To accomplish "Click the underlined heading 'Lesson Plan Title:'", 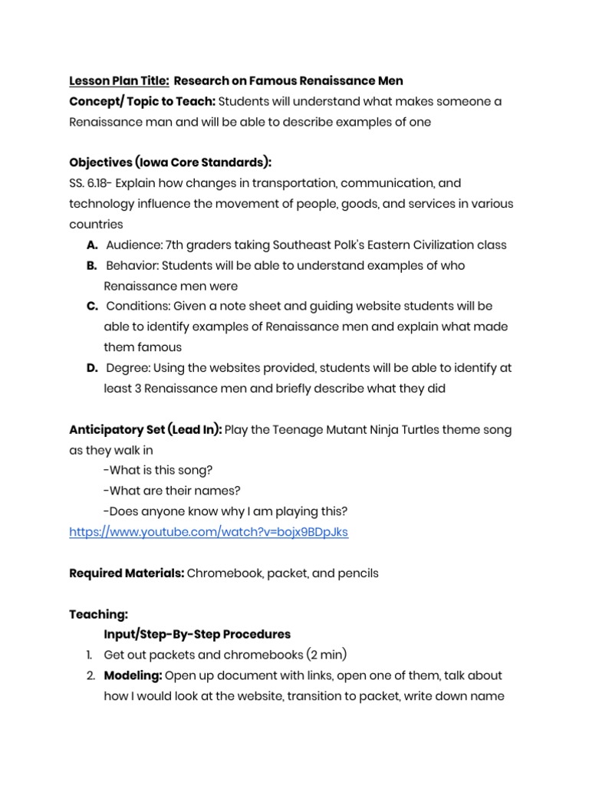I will [x=119, y=81].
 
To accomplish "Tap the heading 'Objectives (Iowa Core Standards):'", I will [x=170, y=163].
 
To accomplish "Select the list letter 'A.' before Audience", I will [x=92, y=245].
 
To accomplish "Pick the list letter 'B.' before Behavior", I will [x=92, y=265].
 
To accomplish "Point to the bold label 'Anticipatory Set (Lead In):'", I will [x=146, y=429].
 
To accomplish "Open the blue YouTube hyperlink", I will [x=209, y=531].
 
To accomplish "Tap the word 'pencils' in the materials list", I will [x=358, y=573].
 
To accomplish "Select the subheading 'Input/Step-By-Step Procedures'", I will [x=197, y=634].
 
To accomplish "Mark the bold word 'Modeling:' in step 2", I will [x=133, y=675].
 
